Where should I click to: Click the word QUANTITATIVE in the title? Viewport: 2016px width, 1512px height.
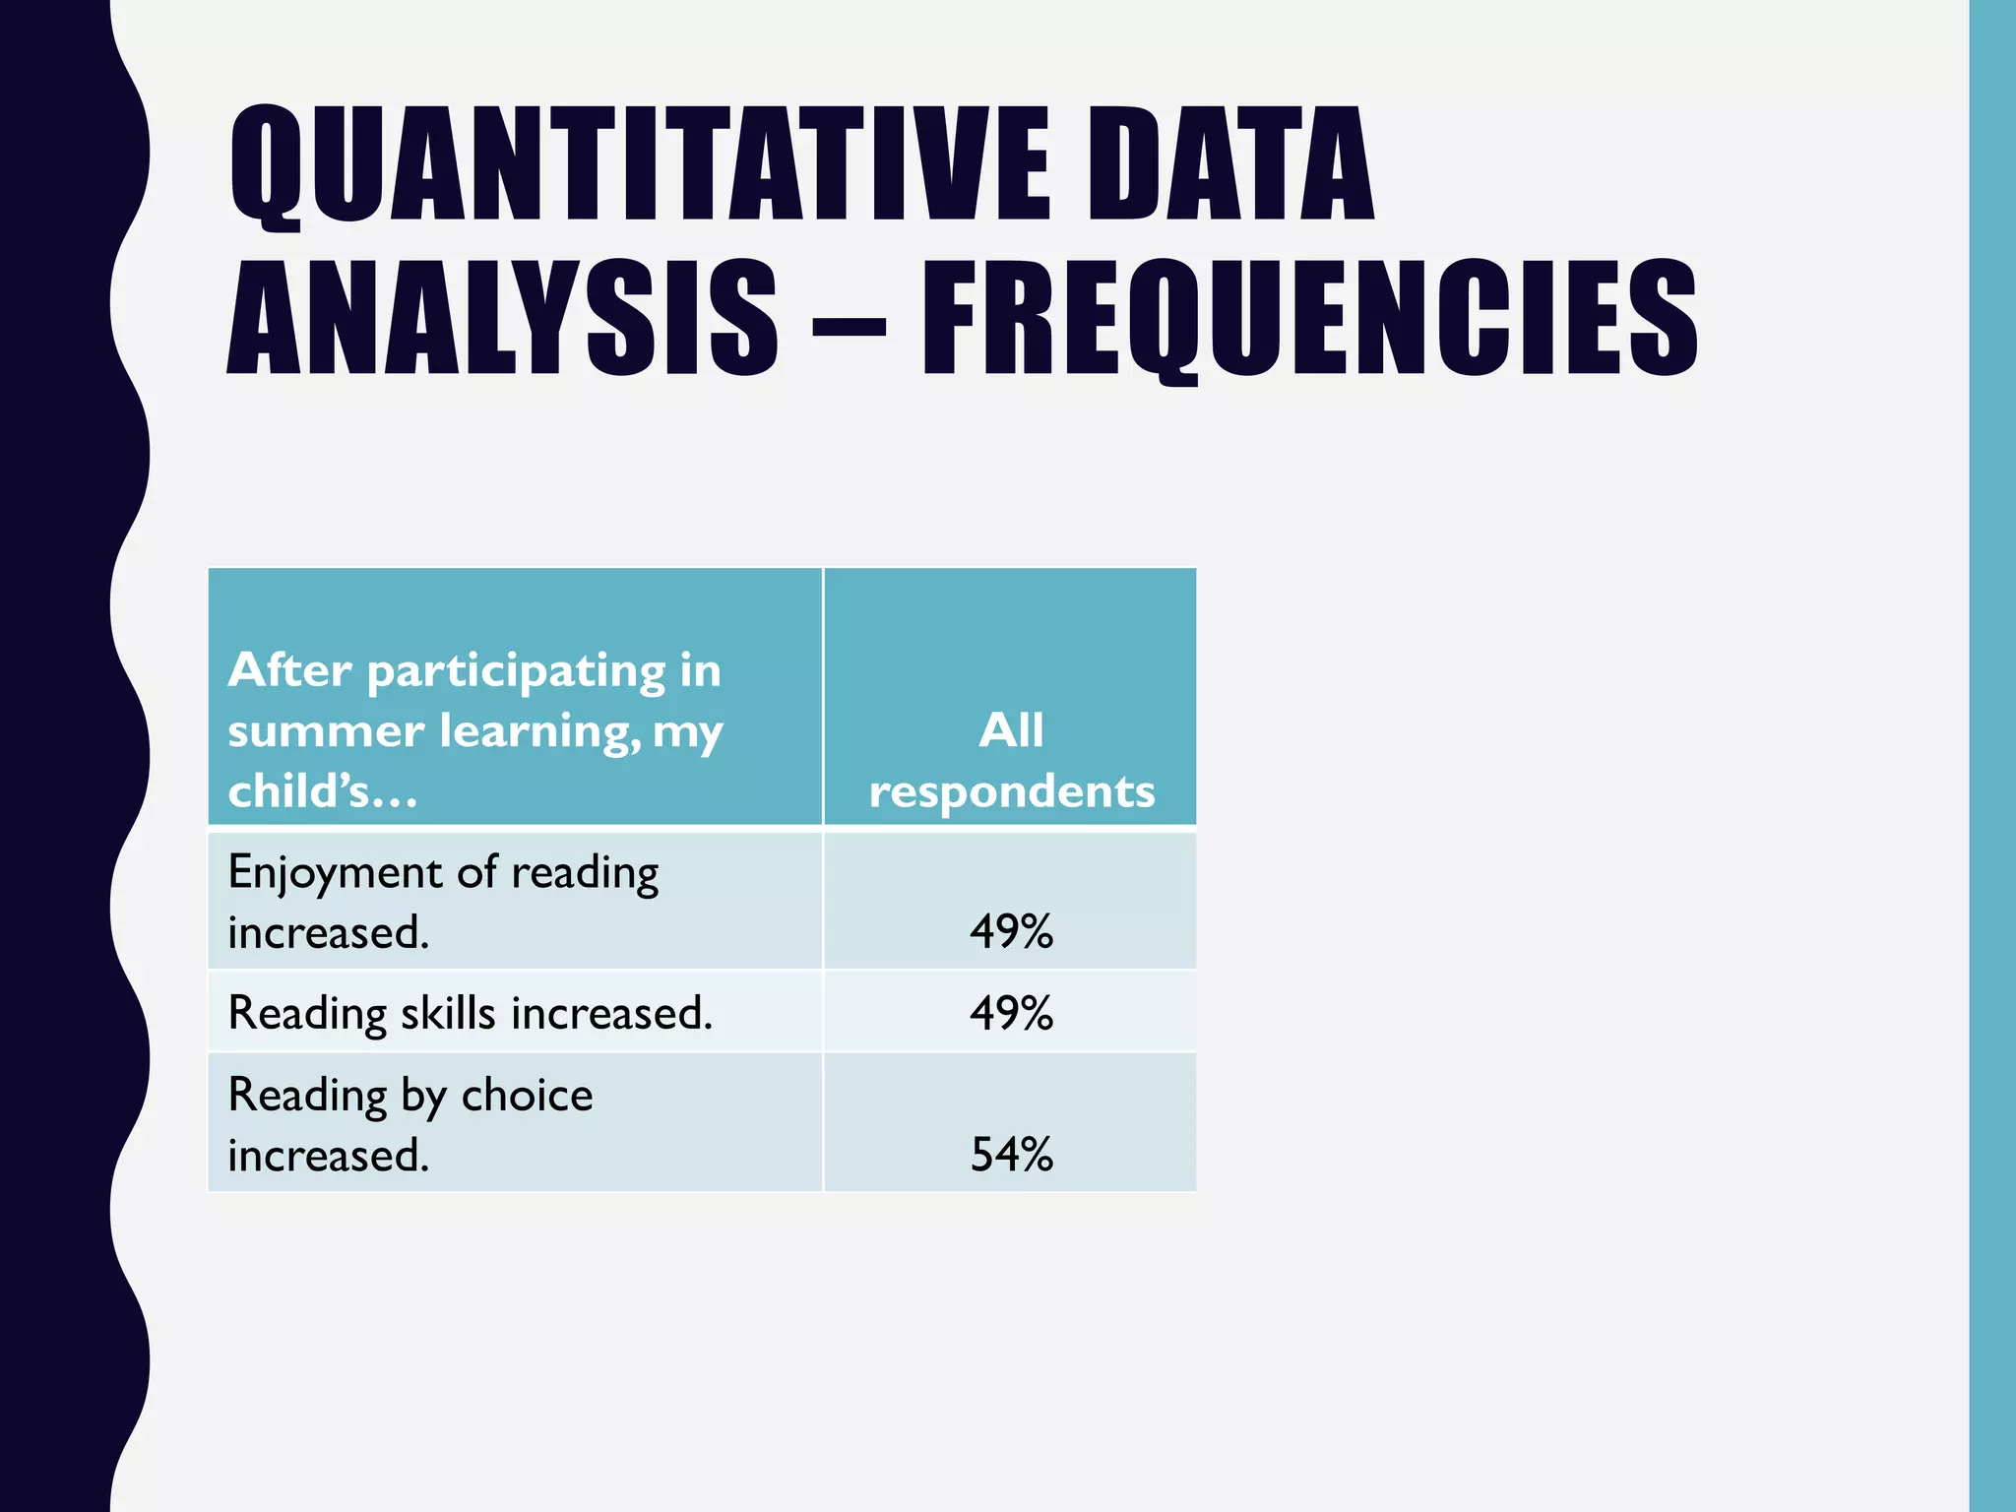pyautogui.click(x=640, y=165)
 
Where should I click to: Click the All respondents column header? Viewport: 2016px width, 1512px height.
pyautogui.click(x=1011, y=760)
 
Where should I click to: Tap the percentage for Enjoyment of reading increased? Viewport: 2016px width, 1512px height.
pyautogui.click(x=1011, y=931)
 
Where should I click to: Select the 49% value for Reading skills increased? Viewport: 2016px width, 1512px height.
pyautogui.click(x=1011, y=1013)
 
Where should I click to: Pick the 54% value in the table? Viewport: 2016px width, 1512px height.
pyautogui.click(x=1011, y=1155)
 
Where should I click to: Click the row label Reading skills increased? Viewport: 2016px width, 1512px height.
pyautogui.click(x=470, y=1013)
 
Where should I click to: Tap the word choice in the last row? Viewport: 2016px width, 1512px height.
pyautogui.click(x=527, y=1096)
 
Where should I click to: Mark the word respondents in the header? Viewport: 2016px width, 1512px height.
pyautogui.click(x=1011, y=792)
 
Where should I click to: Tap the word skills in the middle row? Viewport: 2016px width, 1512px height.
pyautogui.click(x=448, y=1013)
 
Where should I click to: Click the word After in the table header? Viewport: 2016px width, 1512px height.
pyautogui.click(x=289, y=671)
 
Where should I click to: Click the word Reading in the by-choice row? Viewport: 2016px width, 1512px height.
pyautogui.click(x=307, y=1096)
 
